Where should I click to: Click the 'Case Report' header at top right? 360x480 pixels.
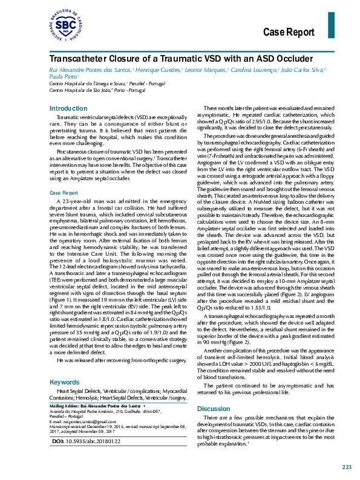pos(289,32)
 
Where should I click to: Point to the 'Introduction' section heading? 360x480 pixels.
pos(68,108)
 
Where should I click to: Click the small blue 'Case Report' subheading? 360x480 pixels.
pos(64,193)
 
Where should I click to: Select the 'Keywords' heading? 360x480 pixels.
pos(64,365)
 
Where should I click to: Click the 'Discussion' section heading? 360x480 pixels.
pos(214,392)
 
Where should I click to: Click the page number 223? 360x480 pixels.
pos(346,467)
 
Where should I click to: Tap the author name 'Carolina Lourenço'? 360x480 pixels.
pos(251,71)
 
